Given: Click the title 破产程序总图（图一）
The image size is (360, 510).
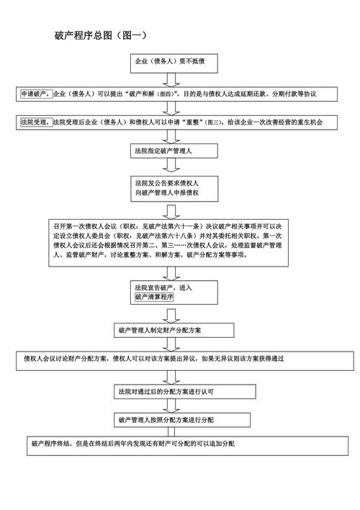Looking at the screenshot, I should (101, 35).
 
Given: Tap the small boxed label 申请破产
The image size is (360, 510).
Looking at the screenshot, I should (34, 94).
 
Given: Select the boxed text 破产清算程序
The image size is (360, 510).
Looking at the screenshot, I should (154, 297).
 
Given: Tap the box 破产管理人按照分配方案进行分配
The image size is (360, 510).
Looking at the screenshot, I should (174, 419).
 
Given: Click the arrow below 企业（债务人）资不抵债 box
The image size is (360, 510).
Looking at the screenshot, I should (171, 80).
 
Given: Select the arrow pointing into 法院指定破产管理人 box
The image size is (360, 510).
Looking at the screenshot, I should (171, 137).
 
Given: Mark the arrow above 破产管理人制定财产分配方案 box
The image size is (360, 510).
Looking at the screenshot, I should (171, 315).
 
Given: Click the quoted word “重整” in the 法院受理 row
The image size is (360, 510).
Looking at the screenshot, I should (190, 123).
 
